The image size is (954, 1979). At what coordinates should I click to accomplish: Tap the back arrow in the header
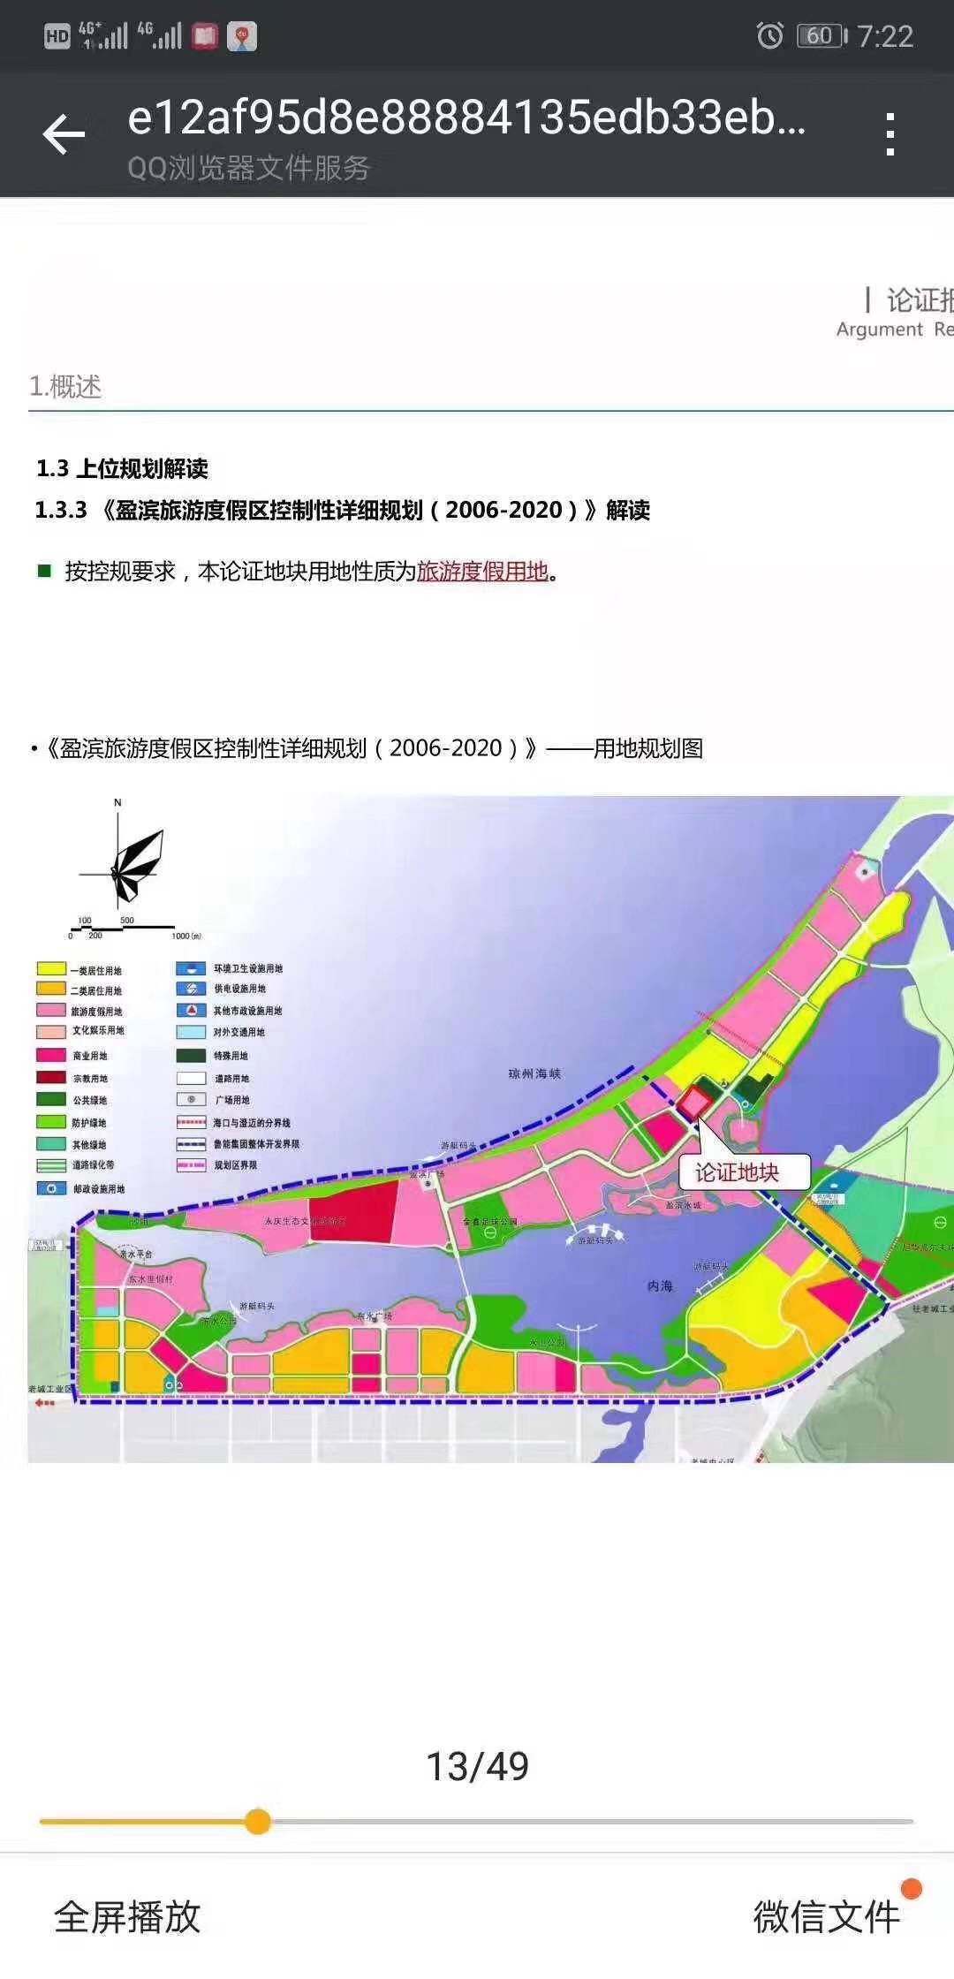(64, 135)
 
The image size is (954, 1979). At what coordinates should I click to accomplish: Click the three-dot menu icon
(890, 134)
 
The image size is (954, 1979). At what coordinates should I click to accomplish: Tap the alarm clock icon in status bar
(769, 35)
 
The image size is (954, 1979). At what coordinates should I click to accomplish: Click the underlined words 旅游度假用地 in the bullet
(482, 572)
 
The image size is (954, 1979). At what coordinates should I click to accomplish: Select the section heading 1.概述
(65, 386)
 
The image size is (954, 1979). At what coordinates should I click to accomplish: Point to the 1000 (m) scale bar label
(185, 936)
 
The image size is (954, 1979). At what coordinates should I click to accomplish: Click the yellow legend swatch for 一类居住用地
(51, 969)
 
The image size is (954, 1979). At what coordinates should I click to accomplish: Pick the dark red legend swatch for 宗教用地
(51, 1077)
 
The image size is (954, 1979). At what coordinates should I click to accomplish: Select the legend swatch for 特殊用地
(191, 1055)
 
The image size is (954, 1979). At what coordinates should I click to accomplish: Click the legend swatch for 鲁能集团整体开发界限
(191, 1143)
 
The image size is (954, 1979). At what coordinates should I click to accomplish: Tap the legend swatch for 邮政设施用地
(51, 1188)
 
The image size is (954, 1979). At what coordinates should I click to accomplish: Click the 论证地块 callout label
(737, 1172)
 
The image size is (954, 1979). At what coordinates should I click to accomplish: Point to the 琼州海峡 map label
(534, 1073)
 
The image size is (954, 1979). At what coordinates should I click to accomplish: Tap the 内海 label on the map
(660, 1285)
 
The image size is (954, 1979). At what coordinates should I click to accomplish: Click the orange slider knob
(258, 1821)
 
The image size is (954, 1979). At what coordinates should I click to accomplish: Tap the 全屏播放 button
(128, 1917)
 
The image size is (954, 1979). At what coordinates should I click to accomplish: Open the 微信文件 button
(826, 1917)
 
